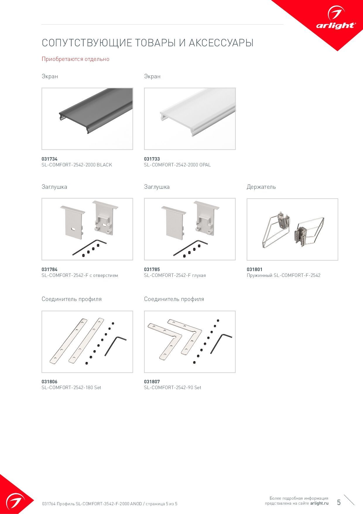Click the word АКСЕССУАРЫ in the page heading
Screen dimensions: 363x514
(x=221, y=43)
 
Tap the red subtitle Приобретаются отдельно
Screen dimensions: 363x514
(x=76, y=59)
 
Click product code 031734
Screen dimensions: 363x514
(x=49, y=159)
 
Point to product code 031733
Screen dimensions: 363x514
(x=152, y=159)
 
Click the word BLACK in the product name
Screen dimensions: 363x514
(x=105, y=165)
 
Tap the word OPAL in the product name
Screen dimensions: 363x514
(x=205, y=165)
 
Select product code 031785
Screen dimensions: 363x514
(x=152, y=269)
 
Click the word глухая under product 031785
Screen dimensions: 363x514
(x=199, y=275)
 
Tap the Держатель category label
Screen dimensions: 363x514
(x=261, y=187)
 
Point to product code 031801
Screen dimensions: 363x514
(x=255, y=269)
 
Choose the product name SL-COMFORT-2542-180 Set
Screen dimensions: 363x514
(x=71, y=387)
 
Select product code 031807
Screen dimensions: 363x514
(x=152, y=382)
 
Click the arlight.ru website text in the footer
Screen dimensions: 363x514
(x=319, y=503)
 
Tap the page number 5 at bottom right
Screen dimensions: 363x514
(x=339, y=502)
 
